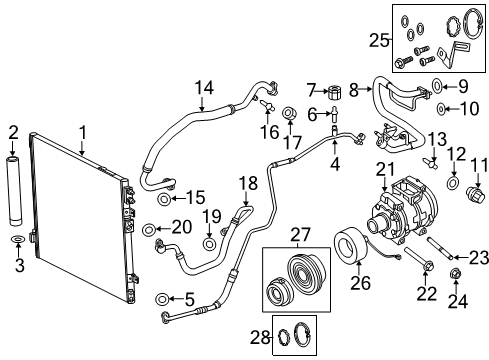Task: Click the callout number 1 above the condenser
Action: point(84,131)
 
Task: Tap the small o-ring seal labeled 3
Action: point(15,241)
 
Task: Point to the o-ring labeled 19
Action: point(209,243)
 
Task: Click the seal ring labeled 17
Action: point(287,113)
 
